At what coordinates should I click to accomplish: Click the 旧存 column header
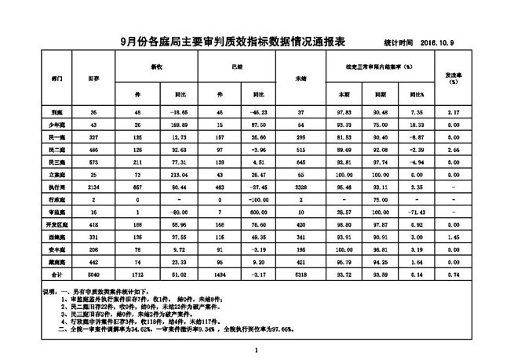(x=93, y=79)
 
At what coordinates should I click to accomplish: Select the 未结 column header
(x=300, y=79)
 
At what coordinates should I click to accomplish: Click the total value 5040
(x=93, y=276)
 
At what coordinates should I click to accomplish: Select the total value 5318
(x=300, y=276)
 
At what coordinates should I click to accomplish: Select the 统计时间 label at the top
(x=399, y=42)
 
